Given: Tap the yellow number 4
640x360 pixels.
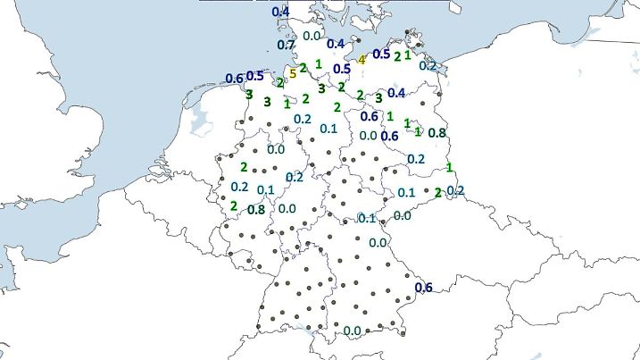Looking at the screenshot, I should coord(362,60).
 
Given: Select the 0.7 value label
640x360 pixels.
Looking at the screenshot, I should coord(287,45).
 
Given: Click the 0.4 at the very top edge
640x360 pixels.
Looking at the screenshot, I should coord(280,12).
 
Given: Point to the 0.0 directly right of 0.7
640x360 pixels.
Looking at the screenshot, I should coord(312,36).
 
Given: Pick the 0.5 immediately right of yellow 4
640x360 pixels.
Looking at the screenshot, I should coord(381,54).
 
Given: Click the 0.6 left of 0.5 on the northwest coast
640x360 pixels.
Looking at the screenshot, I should coord(235,79).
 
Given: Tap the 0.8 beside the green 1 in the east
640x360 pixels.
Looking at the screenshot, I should coord(437,133).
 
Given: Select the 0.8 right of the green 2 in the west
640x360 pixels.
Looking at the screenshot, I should coord(256,210).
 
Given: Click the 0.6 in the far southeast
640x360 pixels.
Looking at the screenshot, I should coord(424,287).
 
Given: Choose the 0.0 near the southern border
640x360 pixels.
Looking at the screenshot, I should coord(352,331).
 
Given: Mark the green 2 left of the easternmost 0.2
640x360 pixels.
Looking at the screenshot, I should coord(437,192).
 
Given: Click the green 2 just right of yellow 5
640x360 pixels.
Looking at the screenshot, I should coord(303,68).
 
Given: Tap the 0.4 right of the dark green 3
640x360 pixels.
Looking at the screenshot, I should coord(397,93).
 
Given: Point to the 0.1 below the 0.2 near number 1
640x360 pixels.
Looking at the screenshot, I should coord(328,129).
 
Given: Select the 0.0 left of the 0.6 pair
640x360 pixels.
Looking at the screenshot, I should coord(368,136).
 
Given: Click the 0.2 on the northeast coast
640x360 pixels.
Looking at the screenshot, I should coord(428,65).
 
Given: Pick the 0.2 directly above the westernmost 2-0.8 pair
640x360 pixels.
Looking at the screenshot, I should coord(239,187).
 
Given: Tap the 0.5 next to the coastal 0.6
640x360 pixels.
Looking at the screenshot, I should coord(255,76).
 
